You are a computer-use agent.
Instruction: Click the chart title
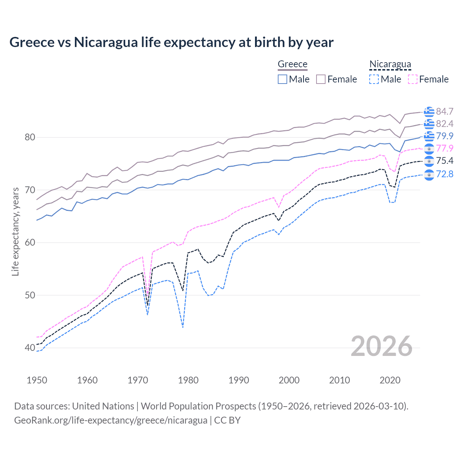(x=171, y=42)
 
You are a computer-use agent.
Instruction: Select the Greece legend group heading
(x=292, y=64)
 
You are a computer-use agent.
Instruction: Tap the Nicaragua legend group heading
(x=390, y=64)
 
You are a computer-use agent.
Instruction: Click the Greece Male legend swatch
(x=283, y=79)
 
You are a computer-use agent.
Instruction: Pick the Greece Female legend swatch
(x=321, y=79)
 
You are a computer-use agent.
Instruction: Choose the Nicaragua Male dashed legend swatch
(x=374, y=79)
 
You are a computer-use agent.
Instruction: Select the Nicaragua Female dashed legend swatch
(x=413, y=79)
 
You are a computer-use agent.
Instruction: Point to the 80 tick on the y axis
(x=30, y=137)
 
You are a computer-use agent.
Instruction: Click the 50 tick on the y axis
(x=30, y=295)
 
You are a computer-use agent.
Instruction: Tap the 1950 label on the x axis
(x=37, y=380)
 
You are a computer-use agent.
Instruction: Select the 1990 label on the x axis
(x=239, y=380)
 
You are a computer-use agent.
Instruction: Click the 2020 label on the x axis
(x=390, y=380)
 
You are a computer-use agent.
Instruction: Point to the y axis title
(x=16, y=231)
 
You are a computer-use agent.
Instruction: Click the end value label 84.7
(x=445, y=111)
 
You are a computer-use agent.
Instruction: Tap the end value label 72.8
(x=445, y=174)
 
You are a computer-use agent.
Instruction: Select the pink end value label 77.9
(x=445, y=148)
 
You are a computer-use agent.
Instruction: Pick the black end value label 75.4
(x=445, y=161)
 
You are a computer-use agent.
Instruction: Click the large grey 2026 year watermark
(x=382, y=346)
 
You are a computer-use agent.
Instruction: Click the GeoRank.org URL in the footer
(x=111, y=420)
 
